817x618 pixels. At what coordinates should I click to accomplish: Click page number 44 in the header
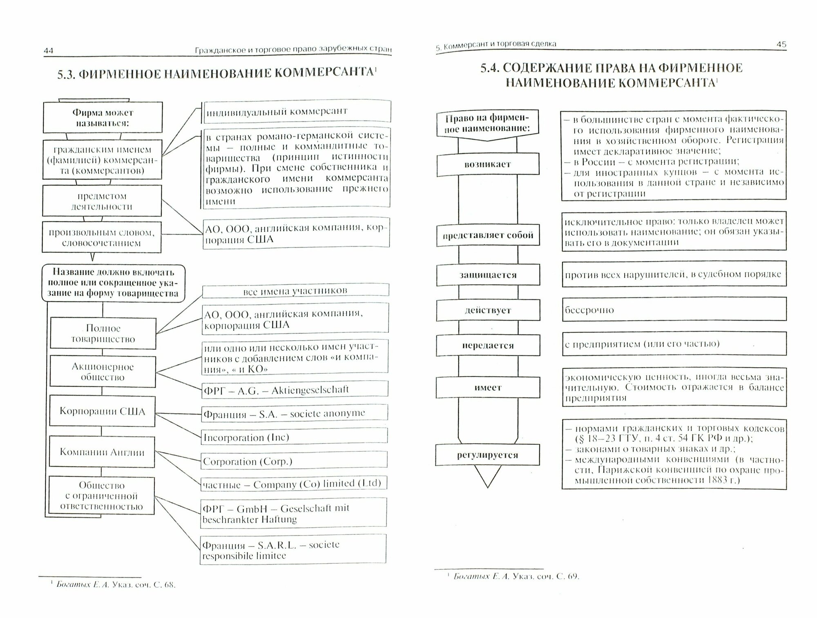49,51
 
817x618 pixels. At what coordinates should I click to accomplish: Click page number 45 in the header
781,44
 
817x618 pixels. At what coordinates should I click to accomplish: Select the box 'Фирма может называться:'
103,118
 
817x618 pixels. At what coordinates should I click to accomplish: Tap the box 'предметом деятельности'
102,201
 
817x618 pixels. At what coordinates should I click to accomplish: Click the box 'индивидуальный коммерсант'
297,112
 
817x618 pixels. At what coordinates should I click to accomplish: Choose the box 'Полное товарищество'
103,334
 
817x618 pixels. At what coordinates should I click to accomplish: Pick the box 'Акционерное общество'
103,372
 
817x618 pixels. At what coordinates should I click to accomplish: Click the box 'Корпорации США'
102,411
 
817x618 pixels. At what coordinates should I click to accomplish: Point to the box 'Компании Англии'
102,452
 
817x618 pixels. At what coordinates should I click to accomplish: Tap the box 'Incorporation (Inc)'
294,437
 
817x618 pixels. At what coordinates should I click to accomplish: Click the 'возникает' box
488,165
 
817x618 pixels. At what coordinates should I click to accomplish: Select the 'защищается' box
488,275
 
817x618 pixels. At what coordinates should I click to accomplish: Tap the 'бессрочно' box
674,310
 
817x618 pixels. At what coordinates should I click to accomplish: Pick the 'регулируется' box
487,455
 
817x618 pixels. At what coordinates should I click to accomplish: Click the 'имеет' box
488,388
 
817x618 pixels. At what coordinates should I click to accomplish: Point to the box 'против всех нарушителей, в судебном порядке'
674,274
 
